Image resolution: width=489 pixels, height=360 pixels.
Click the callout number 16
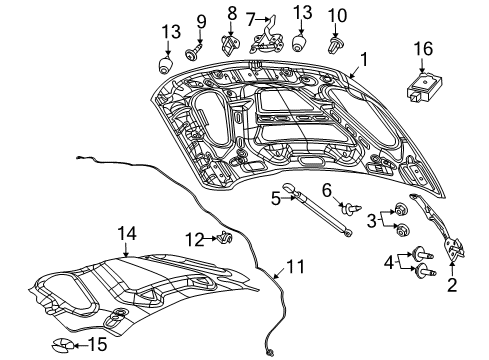[424, 47]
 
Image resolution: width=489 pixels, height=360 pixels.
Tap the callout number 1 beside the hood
[364, 59]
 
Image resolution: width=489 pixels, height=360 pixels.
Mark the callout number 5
[275, 198]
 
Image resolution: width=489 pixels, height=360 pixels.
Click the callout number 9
[200, 20]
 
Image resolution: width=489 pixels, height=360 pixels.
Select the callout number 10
[337, 15]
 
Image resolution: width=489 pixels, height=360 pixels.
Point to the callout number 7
[253, 17]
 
